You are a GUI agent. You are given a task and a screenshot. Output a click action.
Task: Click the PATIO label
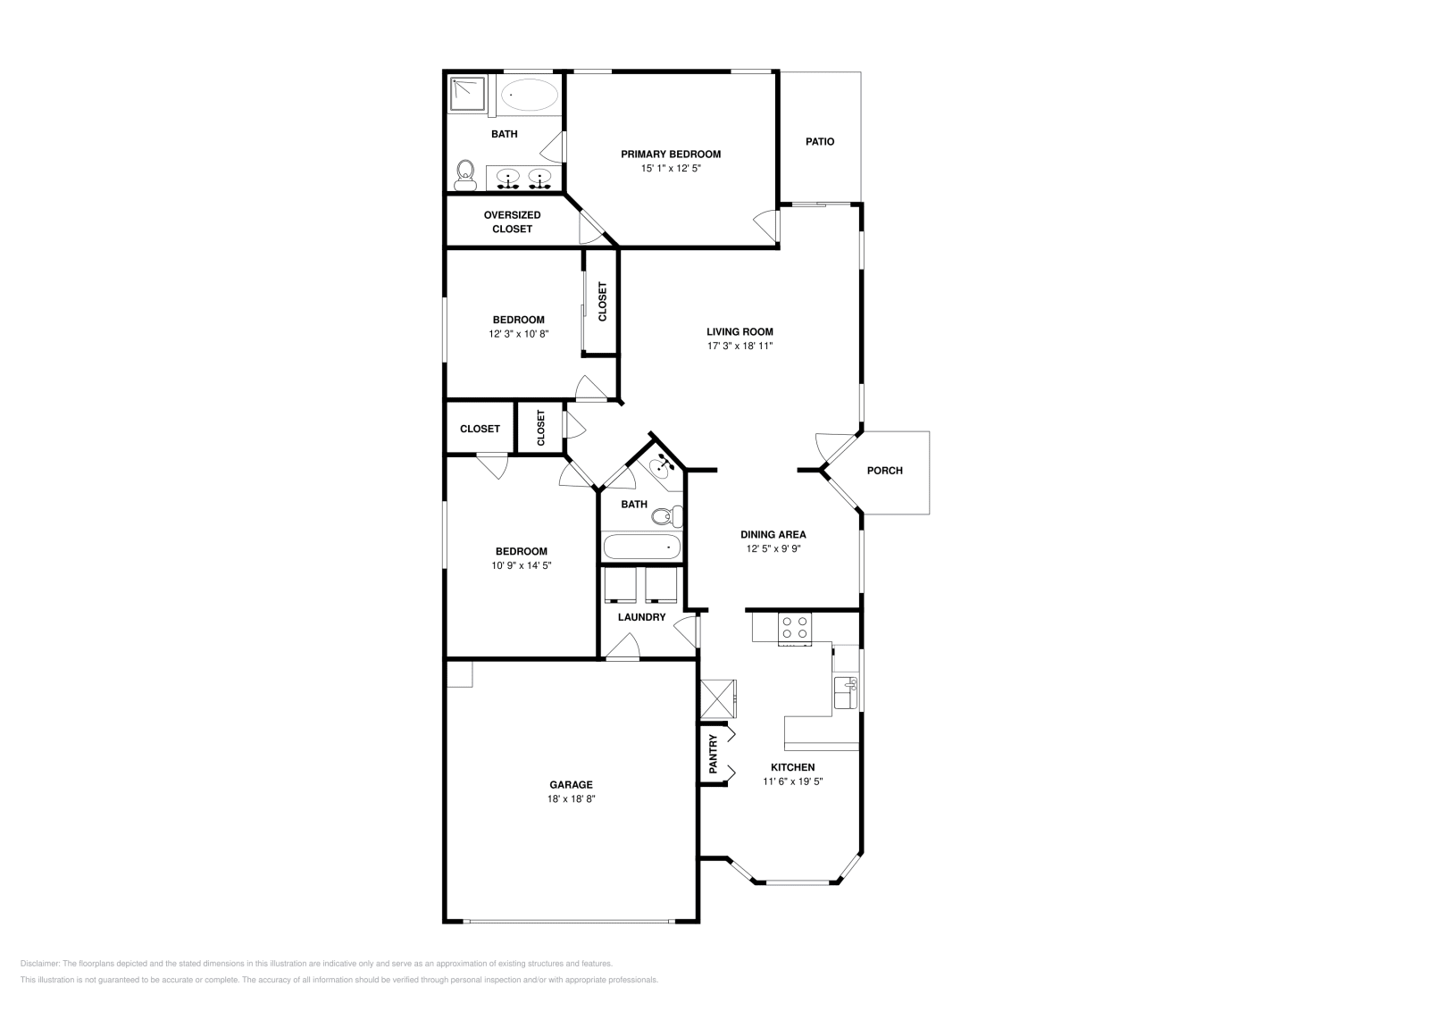point(820,141)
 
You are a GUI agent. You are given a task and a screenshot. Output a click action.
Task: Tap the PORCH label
point(885,471)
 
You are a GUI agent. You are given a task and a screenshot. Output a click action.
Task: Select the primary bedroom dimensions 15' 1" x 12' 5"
point(670,168)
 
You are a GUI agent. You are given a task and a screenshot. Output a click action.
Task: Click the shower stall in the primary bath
point(468,94)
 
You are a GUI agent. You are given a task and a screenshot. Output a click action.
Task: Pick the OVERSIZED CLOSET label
point(512,221)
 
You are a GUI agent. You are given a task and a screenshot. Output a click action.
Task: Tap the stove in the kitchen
point(795,629)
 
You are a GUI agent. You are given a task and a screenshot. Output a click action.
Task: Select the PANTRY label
point(713,753)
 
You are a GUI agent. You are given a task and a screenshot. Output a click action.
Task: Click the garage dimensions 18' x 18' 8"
point(571,799)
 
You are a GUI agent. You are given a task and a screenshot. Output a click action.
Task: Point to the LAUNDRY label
point(641,617)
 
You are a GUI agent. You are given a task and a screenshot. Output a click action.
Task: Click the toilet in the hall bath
point(665,516)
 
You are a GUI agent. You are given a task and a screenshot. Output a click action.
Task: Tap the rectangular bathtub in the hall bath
point(642,547)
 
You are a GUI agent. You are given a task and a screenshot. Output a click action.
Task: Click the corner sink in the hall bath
point(664,465)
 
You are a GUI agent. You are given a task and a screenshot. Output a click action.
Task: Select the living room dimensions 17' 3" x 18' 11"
point(740,346)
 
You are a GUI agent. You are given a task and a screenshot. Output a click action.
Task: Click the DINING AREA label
point(773,535)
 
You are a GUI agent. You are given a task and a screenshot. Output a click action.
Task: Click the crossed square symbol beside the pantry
point(718,698)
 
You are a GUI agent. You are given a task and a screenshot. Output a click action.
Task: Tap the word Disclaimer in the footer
point(39,964)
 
